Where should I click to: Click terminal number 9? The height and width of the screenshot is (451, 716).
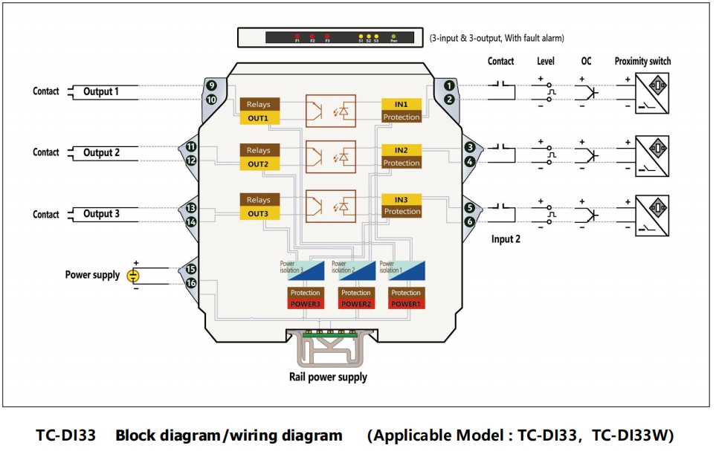[x=212, y=85]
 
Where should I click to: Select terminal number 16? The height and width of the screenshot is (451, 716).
[x=191, y=283]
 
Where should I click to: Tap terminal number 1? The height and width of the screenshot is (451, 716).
[x=449, y=85]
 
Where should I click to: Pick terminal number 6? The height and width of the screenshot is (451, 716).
[x=469, y=221]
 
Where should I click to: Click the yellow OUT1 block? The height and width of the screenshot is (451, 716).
[x=259, y=118]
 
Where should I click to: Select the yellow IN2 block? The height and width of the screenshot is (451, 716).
[x=401, y=150]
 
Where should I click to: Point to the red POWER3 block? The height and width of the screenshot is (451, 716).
[x=305, y=304]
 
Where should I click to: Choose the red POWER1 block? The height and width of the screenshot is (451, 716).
[x=406, y=304]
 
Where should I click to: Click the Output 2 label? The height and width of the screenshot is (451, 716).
[x=101, y=153]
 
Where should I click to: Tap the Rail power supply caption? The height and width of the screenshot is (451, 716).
[x=328, y=377]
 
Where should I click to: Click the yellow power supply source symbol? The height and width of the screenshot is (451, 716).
[x=132, y=276]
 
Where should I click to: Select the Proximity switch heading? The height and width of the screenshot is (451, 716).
[x=642, y=62]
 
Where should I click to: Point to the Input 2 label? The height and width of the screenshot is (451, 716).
[x=506, y=239]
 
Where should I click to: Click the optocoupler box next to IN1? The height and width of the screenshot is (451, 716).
[x=330, y=111]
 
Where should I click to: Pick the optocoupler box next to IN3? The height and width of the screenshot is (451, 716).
[x=330, y=205]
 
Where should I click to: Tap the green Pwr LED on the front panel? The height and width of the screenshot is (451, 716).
[x=394, y=35]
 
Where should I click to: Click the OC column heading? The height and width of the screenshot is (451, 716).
[x=586, y=62]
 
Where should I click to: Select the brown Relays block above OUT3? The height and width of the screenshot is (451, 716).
[x=259, y=200]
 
